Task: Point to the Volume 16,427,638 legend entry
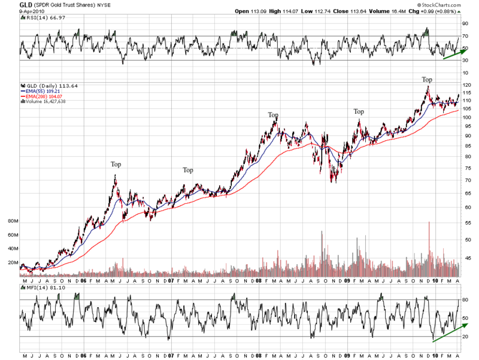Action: (44, 101)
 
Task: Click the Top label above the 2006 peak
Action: (116, 164)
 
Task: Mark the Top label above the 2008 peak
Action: (273, 115)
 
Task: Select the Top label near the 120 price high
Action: (427, 79)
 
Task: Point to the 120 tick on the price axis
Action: (465, 86)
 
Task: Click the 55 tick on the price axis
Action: (465, 222)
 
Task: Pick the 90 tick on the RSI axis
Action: (465, 24)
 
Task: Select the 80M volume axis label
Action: (12, 221)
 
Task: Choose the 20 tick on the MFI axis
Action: (465, 337)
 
